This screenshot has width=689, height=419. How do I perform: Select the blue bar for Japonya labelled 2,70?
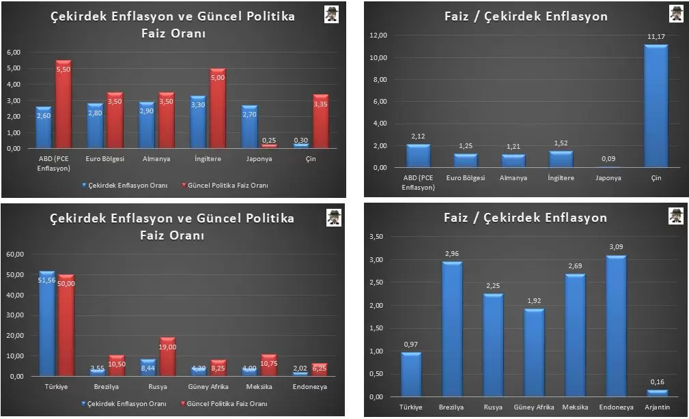click(x=250, y=127)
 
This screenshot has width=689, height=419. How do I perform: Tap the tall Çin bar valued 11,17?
click(x=656, y=106)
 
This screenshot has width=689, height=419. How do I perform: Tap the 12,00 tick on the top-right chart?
click(x=378, y=35)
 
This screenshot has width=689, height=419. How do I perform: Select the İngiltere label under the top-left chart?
click(x=208, y=158)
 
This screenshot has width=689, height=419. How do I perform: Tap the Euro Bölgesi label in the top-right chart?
click(x=466, y=177)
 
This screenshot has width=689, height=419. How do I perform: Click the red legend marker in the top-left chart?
click(x=183, y=185)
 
